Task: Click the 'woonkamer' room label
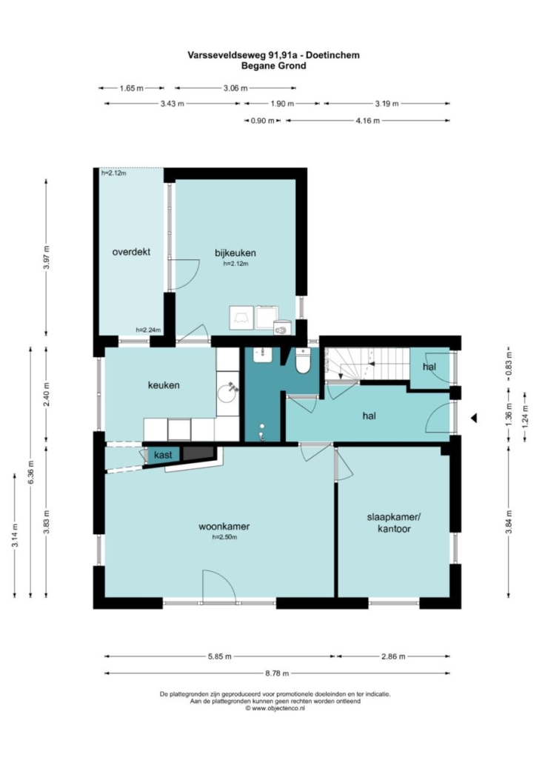224,527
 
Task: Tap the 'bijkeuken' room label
235,253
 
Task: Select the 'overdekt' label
131,252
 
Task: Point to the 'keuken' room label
164,385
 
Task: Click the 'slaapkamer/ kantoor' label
394,522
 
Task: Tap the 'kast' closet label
163,456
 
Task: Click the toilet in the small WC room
303,361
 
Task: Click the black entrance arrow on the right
473,418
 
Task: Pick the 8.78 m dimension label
277,673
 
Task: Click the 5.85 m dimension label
220,656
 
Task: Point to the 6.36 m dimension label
30,473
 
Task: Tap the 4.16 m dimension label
368,121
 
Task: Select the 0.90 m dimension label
263,121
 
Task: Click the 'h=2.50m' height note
224,538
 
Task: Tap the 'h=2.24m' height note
148,330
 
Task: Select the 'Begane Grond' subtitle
274,66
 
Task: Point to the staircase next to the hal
367,364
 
